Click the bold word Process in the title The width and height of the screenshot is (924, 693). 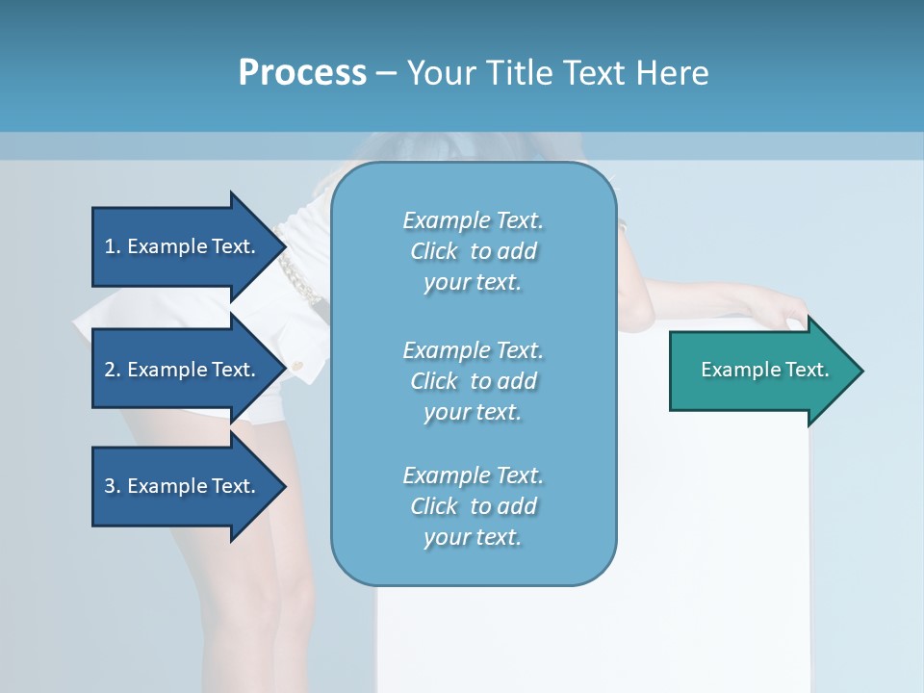coord(302,73)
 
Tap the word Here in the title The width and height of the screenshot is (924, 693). coord(672,73)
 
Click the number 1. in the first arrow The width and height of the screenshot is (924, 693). coord(112,246)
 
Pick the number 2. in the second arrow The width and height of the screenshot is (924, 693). coord(112,370)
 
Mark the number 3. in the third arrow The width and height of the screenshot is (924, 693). coord(112,486)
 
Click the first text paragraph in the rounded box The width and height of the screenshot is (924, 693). coord(473,251)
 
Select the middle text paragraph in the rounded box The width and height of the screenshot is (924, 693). coord(473,380)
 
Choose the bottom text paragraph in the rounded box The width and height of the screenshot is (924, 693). coord(473,506)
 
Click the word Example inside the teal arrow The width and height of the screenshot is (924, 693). coord(734,370)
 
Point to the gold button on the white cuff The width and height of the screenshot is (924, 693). coord(297,366)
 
